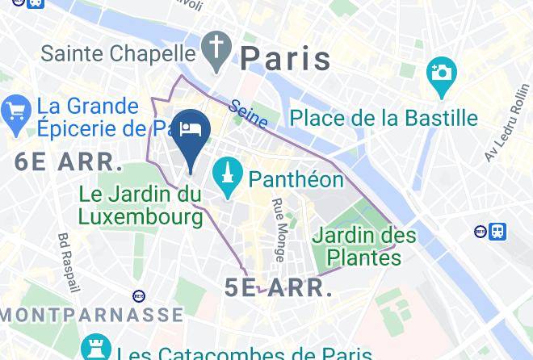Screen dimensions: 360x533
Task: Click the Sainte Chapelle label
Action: (x=119, y=54)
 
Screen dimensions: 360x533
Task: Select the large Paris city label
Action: (x=286, y=59)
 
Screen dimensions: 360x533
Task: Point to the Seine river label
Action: (x=248, y=113)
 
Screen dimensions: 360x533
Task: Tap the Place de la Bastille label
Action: (x=384, y=118)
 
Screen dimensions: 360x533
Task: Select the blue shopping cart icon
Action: (x=15, y=115)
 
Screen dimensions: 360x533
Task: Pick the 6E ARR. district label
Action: (x=69, y=161)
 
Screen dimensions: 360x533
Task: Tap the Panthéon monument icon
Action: (x=229, y=177)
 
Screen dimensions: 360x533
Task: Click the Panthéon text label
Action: (x=296, y=178)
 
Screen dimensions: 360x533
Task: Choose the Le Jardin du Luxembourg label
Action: (x=141, y=205)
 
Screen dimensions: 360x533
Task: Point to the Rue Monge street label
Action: (x=278, y=230)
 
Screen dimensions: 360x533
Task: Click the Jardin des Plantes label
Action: (x=364, y=247)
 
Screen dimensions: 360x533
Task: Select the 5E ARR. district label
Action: (x=279, y=287)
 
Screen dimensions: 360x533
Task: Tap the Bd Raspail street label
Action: (x=69, y=262)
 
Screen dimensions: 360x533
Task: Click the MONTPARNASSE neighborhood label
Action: (x=91, y=314)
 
